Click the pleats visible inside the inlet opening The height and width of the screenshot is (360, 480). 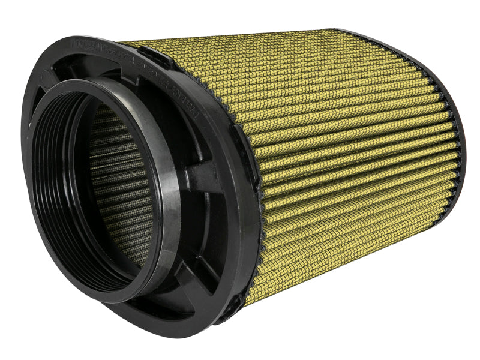(114, 180)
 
